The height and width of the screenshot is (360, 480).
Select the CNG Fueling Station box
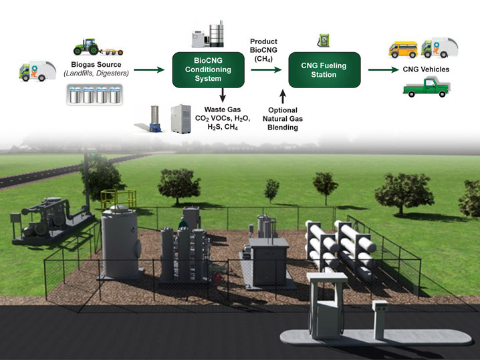point(324,69)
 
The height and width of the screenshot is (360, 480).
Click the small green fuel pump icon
point(323,41)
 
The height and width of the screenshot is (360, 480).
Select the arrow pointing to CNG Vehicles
point(382,69)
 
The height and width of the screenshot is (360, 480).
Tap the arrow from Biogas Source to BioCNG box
point(149,69)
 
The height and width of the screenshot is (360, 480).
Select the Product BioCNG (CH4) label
point(263,50)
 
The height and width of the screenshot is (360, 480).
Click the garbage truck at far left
point(32,71)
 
